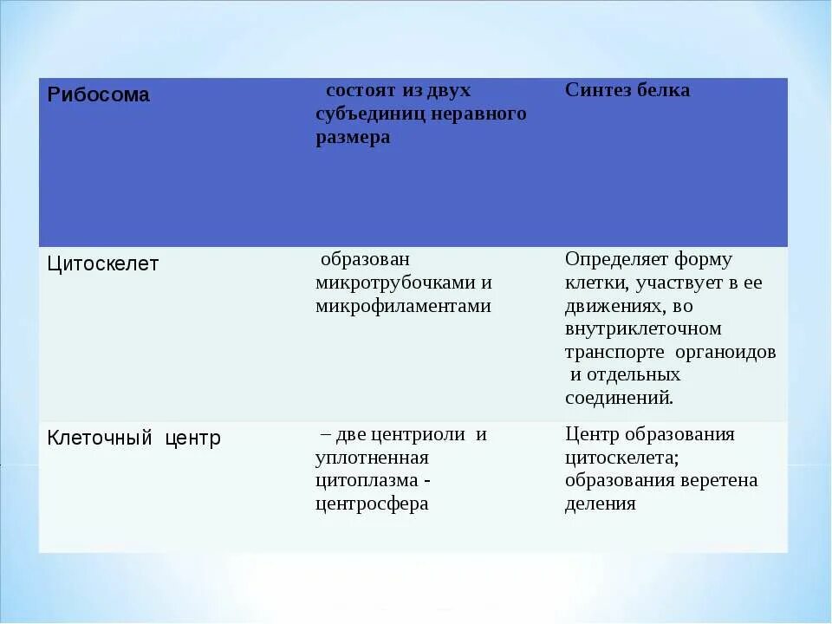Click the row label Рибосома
click(98, 95)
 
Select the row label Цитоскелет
click(102, 264)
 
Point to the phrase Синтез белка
click(627, 90)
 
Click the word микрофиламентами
click(403, 306)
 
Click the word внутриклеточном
click(643, 329)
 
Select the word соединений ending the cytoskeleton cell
click(619, 399)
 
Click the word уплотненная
click(372, 458)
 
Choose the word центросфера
click(372, 504)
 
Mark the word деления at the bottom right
click(600, 504)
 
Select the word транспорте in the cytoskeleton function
click(614, 353)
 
